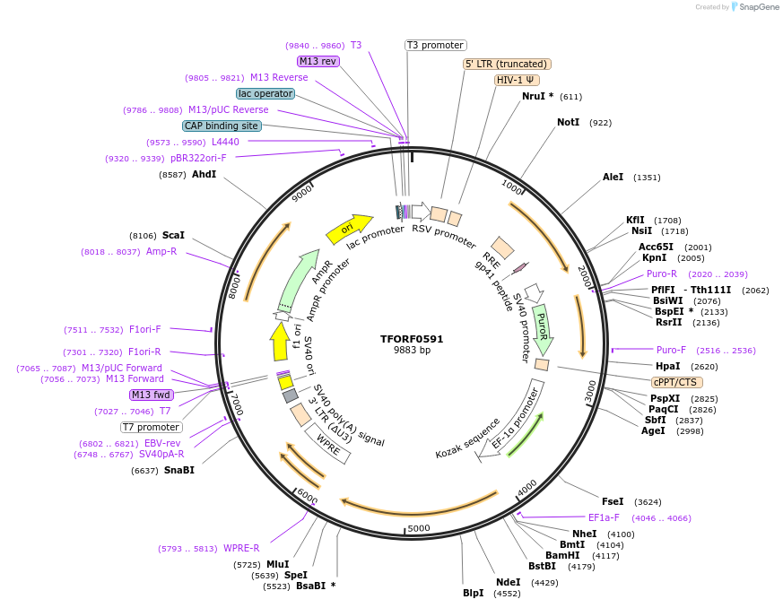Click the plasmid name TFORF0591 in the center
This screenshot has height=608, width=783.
pos(412,339)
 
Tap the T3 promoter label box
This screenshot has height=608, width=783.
pos(436,45)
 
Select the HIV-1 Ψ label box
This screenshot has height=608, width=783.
pos(517,80)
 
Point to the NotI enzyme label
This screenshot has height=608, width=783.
pos(568,122)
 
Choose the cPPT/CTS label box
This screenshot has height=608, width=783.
pos(676,382)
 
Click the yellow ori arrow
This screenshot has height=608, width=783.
pos(349,230)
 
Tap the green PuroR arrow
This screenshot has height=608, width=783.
pos(543,330)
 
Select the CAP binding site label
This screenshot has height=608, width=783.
pos(222,126)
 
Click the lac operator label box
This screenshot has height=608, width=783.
pos(265,93)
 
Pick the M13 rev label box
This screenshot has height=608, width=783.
pos(318,61)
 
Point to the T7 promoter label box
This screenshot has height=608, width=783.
pos(151,427)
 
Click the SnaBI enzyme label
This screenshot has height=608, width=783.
pos(178,470)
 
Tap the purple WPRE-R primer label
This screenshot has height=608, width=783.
pos(241,548)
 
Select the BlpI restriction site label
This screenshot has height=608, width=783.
pos(473,593)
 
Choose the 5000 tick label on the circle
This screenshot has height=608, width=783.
pos(420,528)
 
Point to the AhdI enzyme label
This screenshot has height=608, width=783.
pos(204,174)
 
